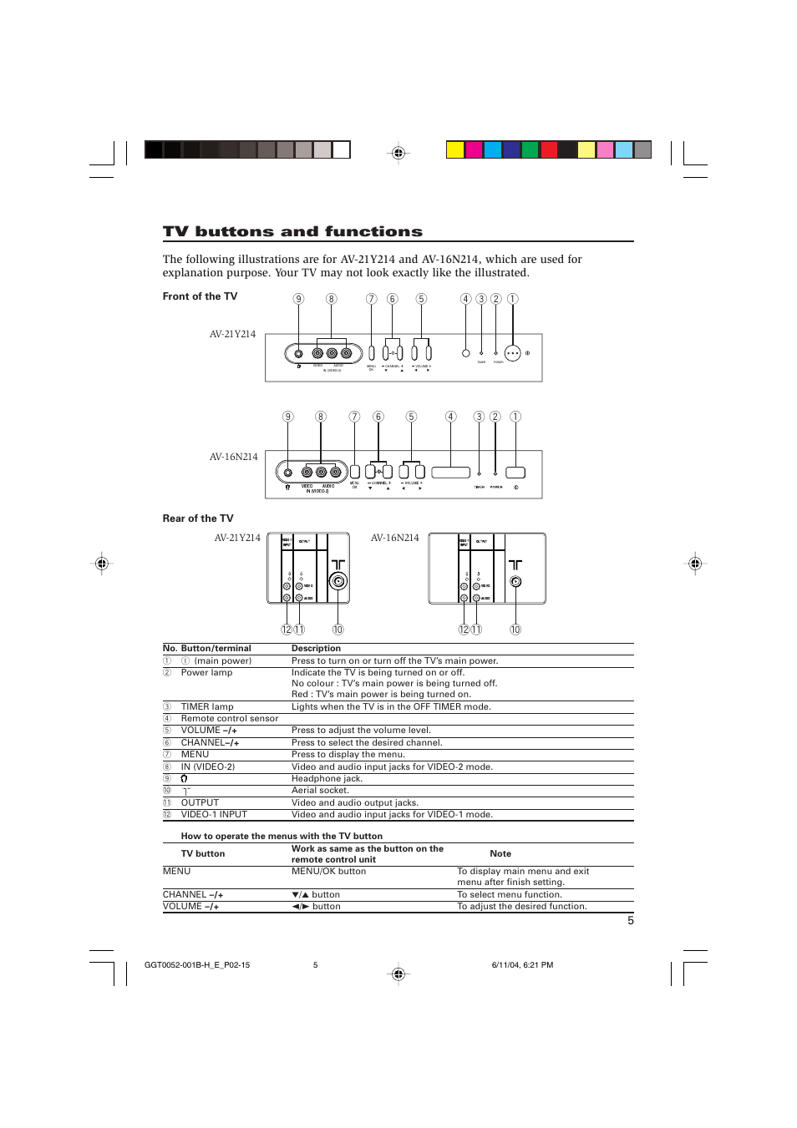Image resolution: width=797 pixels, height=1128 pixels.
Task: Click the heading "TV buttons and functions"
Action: tap(292, 231)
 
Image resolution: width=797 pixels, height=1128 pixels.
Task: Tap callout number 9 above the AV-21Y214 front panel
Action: tap(298, 299)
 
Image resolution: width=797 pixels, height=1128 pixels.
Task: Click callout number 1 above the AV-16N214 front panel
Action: tap(515, 417)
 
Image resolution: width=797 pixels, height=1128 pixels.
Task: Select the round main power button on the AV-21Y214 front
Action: tap(513, 353)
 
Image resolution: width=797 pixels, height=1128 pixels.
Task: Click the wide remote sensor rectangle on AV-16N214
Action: tap(450, 472)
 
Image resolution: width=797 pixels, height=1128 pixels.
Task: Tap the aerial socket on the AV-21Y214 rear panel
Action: tap(338, 581)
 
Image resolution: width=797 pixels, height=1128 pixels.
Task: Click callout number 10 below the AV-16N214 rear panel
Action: tap(515, 630)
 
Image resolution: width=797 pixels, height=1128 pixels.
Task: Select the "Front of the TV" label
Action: tap(200, 296)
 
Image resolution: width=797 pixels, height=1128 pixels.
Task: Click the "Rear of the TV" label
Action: tap(198, 518)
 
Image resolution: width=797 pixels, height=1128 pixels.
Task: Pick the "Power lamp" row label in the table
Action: tap(206, 672)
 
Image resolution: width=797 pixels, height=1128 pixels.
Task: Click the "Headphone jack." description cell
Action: tap(327, 778)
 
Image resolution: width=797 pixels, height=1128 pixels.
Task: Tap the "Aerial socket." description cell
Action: tap(320, 790)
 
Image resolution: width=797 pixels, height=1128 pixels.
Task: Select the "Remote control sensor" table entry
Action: tap(230, 718)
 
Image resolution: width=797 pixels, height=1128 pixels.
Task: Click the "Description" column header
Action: tap(316, 648)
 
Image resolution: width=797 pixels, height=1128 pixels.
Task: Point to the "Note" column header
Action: tap(500, 853)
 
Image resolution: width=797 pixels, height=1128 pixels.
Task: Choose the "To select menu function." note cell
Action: tap(509, 894)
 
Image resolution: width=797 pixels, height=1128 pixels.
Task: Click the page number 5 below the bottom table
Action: tap(631, 920)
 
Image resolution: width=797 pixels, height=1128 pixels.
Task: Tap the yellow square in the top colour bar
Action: tap(454, 149)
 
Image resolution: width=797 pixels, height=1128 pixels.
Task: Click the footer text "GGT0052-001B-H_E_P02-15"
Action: tap(197, 964)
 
